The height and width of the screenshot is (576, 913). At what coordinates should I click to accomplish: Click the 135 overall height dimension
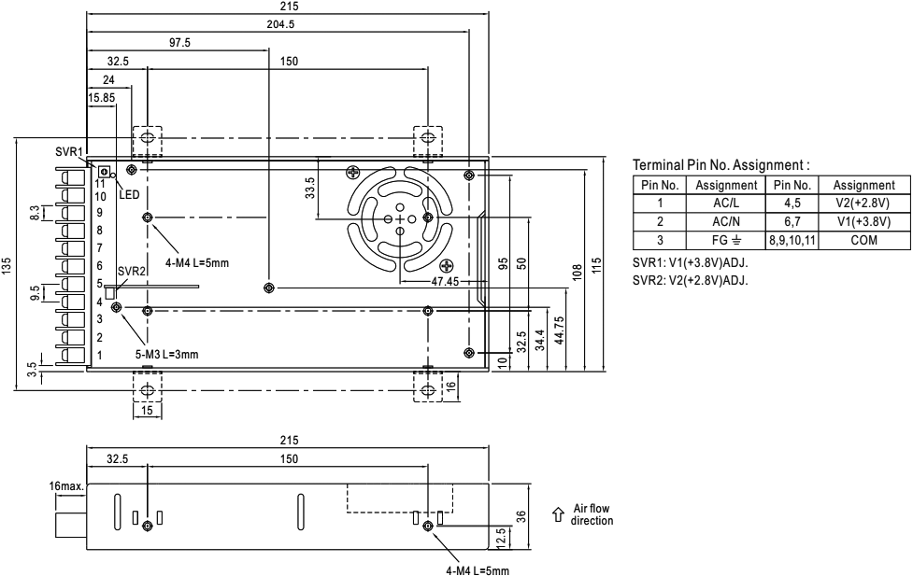click(8, 267)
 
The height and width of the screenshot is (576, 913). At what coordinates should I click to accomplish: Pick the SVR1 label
click(69, 152)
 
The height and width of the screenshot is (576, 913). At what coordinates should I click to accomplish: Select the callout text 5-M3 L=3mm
click(166, 354)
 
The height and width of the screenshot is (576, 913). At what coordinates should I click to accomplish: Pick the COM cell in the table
click(863, 240)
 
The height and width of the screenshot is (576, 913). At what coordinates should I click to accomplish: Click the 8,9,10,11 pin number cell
click(792, 240)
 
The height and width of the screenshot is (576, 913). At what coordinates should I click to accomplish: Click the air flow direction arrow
click(558, 513)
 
